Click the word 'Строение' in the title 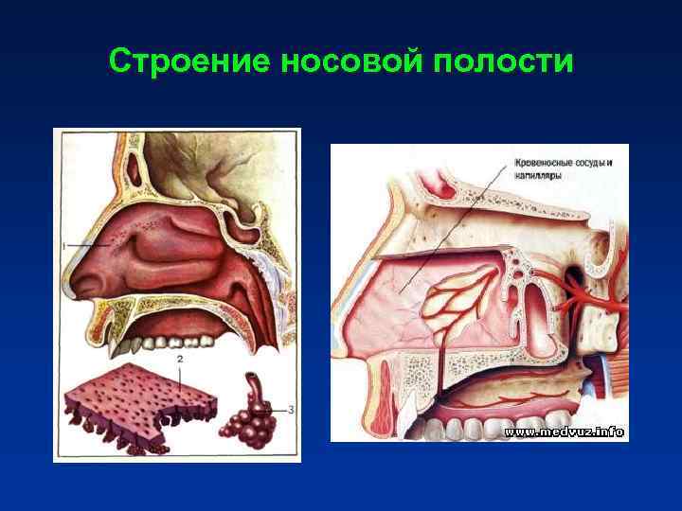coord(188,62)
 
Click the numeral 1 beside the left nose coord(64,246)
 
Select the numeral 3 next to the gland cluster coord(291,409)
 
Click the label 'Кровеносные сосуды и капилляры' coord(563,168)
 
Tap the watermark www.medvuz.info coord(564,432)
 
